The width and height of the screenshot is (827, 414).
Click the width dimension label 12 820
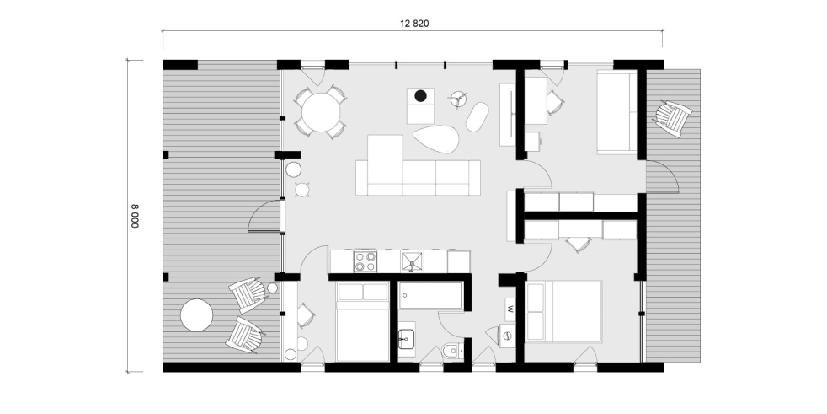coord(414,24)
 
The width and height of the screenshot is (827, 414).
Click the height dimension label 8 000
coord(135,216)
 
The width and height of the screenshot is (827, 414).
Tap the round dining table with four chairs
coord(321,112)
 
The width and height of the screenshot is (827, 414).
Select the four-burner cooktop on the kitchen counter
coord(365,261)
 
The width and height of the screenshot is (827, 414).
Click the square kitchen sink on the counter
coord(412,261)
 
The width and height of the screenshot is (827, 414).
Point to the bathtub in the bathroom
coord(431,296)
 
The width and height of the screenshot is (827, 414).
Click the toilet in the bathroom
coord(453,351)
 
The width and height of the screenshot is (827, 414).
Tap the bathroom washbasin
coord(407,337)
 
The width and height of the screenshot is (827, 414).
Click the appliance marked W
coord(510,309)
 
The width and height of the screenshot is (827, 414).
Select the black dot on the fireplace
coord(420,95)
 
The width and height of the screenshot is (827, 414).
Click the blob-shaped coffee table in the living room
coord(435,139)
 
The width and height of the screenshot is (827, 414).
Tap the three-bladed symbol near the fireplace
coord(458,99)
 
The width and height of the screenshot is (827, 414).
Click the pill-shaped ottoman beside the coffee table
coord(477,116)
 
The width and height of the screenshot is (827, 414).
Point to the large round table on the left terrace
coord(197,315)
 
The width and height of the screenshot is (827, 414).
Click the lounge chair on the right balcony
coord(672,118)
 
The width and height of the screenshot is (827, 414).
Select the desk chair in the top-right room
coord(555,102)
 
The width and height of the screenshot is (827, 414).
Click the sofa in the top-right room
coord(617,112)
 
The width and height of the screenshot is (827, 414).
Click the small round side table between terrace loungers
coord(272,288)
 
